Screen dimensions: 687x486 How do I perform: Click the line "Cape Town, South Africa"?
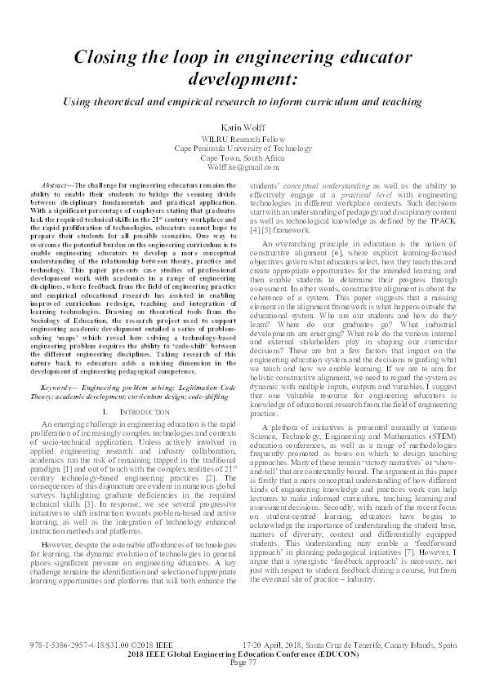[x=243, y=157]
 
